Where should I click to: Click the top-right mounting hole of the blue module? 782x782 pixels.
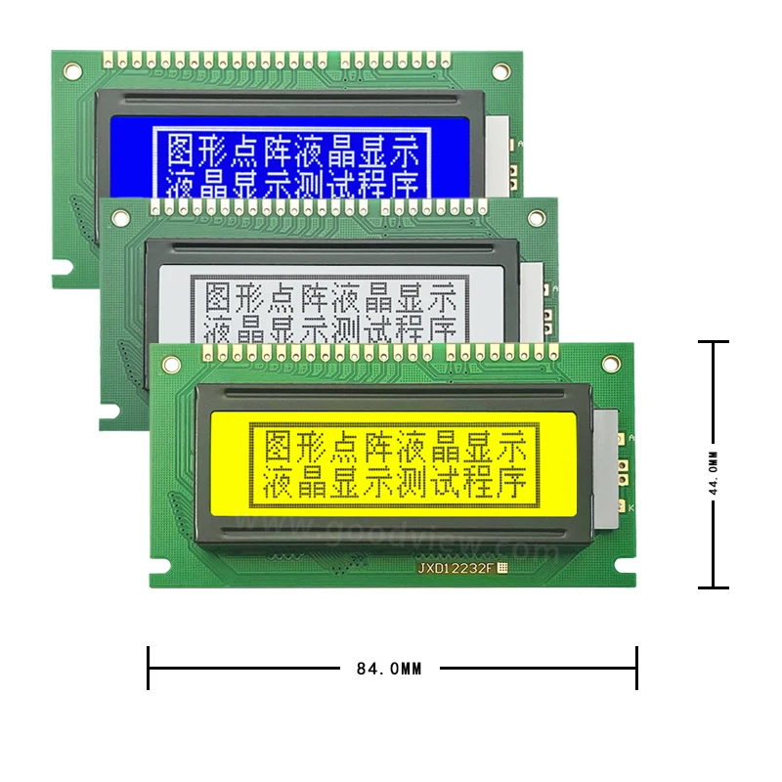(500, 71)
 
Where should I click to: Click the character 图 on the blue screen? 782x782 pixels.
(184, 151)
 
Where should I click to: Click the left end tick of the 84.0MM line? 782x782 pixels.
(149, 668)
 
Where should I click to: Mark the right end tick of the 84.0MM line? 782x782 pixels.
(636, 668)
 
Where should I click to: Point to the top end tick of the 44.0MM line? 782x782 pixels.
(714, 342)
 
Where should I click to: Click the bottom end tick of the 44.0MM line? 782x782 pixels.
(714, 587)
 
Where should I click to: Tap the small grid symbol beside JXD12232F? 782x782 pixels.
(504, 567)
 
